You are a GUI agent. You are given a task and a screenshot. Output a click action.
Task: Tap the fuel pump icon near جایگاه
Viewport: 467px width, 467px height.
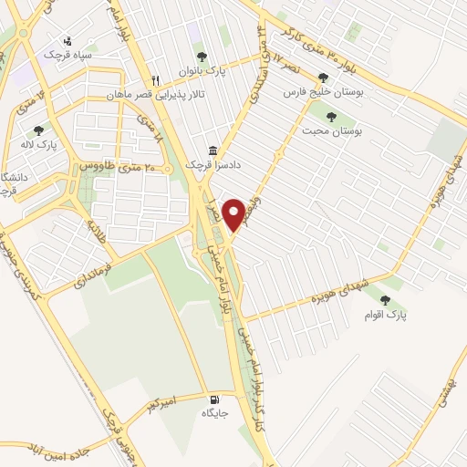pos(213,399)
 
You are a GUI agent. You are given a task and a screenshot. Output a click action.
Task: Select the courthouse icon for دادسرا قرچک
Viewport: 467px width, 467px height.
pos(213,150)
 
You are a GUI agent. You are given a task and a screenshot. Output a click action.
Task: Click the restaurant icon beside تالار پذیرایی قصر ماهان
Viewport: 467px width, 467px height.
pos(156,79)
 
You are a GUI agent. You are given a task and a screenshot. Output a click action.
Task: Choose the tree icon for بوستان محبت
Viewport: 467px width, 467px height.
pos(330,116)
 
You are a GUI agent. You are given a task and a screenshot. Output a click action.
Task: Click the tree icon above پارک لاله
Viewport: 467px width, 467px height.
pos(37,130)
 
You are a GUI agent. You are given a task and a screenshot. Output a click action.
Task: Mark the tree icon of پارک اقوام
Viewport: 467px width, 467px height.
pos(384,299)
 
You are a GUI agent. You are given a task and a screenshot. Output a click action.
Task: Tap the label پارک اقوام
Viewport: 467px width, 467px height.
pos(386,315)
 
